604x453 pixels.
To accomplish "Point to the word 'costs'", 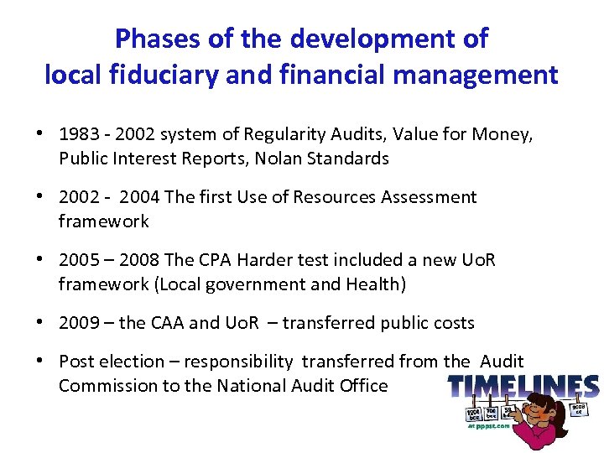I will tap(452, 323).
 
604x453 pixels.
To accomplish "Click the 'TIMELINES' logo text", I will tap(523, 388).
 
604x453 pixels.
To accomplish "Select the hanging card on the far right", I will tap(579, 409).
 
